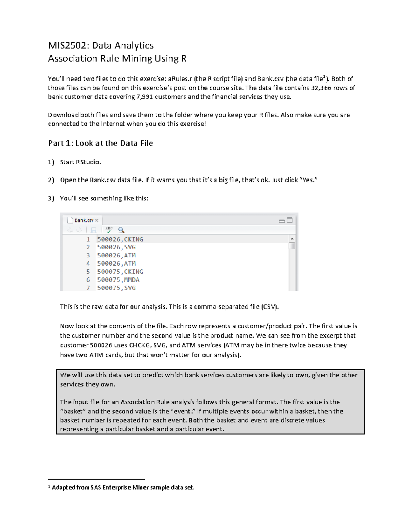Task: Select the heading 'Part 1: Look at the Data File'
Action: tap(100, 143)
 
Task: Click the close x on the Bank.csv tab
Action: tap(97, 220)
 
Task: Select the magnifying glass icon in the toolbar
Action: tap(121, 230)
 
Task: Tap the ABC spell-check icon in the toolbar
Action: tap(109, 230)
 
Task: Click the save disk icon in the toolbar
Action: tap(93, 230)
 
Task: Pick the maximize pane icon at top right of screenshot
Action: tap(290, 220)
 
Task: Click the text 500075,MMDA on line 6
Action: tap(118, 280)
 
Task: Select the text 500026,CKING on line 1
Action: tap(120, 239)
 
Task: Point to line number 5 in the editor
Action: tap(88, 272)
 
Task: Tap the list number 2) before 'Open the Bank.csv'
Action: tap(51, 180)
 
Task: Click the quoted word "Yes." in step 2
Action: tap(308, 180)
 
